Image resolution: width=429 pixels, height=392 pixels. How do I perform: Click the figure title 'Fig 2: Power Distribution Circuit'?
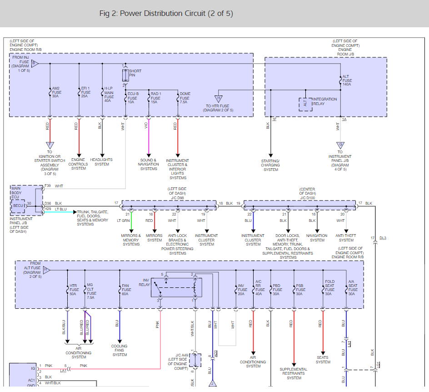point(166,14)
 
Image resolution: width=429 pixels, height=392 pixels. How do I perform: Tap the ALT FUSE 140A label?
point(347,80)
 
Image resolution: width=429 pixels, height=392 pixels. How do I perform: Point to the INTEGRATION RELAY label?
point(325,101)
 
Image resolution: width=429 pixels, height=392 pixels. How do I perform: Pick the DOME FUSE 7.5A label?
point(185,98)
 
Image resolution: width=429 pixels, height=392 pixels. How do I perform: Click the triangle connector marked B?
point(35,64)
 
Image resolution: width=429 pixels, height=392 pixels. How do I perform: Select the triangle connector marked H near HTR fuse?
point(219,99)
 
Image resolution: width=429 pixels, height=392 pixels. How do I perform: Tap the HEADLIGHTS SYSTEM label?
point(102,162)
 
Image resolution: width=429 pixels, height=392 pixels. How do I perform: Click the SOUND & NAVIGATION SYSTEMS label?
point(149,164)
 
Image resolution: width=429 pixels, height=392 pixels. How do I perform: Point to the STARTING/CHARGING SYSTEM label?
point(270,165)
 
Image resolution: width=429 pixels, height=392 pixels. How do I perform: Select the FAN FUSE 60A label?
point(126,290)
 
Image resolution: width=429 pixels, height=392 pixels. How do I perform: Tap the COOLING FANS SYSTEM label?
point(120,350)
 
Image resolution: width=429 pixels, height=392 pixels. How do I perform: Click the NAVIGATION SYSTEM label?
point(317,238)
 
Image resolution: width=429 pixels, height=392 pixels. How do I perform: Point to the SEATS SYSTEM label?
point(323,360)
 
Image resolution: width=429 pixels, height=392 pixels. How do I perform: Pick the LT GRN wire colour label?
point(123,221)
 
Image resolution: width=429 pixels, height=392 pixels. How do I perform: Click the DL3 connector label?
point(383,238)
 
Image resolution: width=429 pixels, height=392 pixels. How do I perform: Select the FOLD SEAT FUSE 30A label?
point(329,287)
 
